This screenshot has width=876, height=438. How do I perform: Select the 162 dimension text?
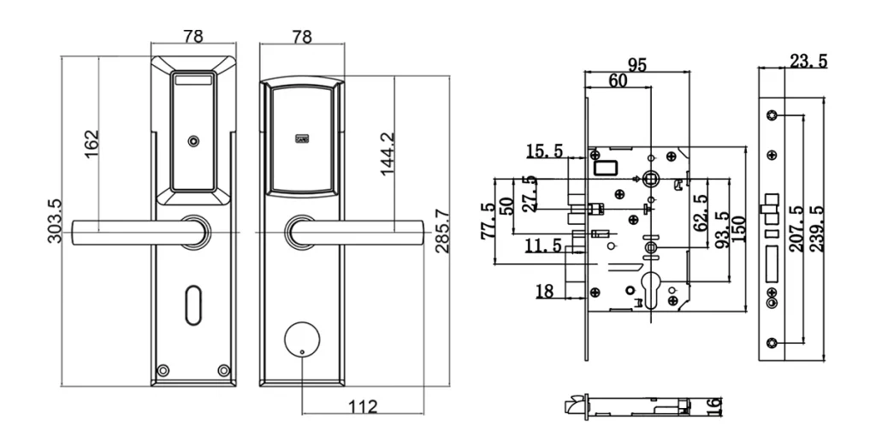90,142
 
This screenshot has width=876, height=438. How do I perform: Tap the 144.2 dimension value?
388,154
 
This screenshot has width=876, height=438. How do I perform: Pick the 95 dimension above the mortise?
636,64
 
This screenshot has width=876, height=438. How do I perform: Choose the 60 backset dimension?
618,80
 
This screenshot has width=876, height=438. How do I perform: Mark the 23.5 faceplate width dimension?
808,61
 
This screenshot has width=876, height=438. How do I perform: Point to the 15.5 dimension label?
544,151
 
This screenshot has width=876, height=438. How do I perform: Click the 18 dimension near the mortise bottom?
544,292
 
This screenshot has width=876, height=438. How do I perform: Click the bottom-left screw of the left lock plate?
162,370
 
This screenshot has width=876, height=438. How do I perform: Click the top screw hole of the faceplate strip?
773,115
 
